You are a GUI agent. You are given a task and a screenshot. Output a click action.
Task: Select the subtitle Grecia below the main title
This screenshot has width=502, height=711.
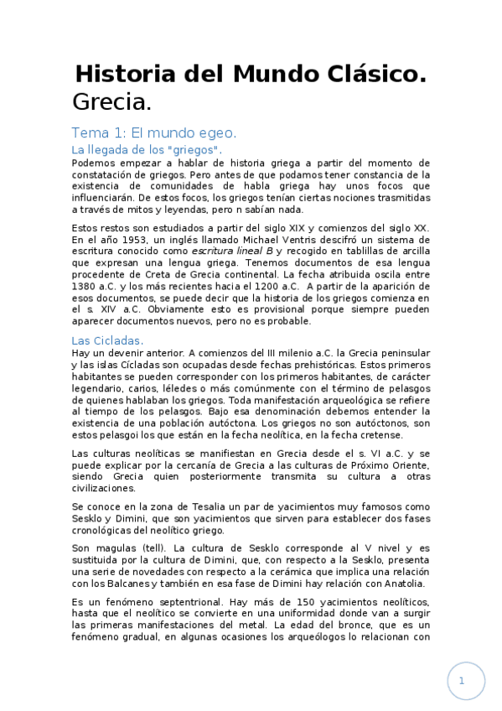click(111, 103)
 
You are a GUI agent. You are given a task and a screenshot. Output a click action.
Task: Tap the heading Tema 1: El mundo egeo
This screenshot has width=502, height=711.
click(154, 132)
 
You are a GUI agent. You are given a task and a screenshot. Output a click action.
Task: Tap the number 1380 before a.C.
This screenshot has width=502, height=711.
click(87, 285)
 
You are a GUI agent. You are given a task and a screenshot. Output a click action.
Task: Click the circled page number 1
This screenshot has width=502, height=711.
click(461, 682)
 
